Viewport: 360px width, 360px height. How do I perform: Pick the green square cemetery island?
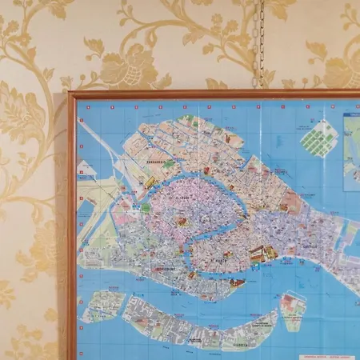point(319,138)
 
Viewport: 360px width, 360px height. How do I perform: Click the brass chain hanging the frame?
point(258,44)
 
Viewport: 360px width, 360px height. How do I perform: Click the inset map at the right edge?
point(352,152)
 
